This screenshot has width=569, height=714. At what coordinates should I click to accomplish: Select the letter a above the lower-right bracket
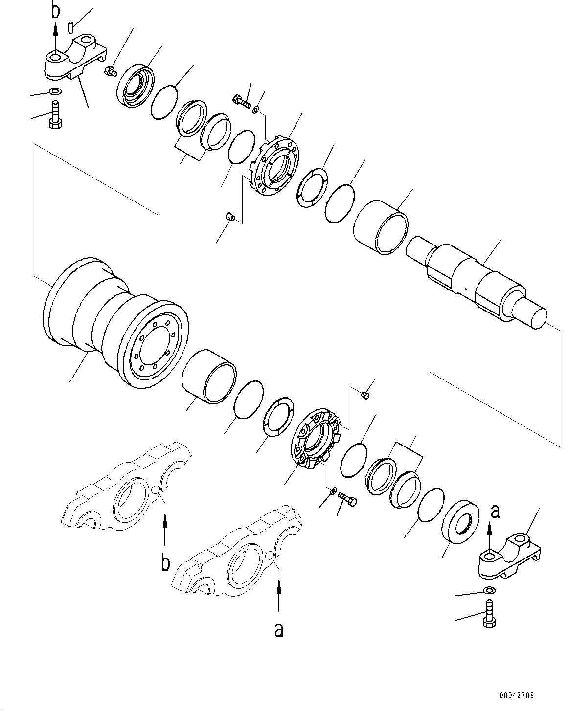click(495, 511)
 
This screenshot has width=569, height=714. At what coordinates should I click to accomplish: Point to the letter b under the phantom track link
click(166, 563)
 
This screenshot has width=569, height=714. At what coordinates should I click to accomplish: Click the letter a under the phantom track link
click(279, 630)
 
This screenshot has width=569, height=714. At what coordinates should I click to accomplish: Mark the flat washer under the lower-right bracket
click(488, 590)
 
